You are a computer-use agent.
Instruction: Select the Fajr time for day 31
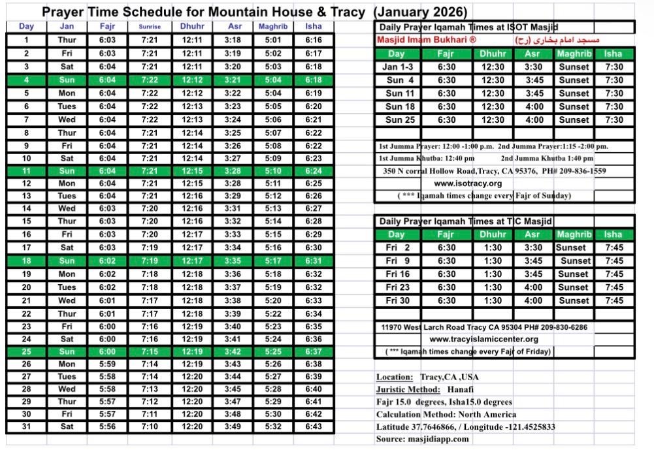pos(108,426)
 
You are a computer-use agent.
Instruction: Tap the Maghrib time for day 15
pos(273,221)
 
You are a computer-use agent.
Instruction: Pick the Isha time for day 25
pos(313,351)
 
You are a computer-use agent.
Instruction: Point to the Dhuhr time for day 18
pos(192,261)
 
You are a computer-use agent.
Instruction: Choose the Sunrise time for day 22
pos(149,313)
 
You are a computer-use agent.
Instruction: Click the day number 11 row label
pos(26,170)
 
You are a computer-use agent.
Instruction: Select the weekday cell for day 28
pos(67,389)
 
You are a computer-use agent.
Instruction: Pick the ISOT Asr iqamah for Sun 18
pos(532,106)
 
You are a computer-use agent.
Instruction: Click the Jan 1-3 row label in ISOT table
pos(398,67)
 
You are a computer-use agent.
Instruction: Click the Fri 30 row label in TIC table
pos(398,300)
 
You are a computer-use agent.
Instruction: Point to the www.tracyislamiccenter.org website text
pos(483,339)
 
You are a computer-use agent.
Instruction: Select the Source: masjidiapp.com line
pos(422,439)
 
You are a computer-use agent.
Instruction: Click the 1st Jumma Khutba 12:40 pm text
pos(427,158)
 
